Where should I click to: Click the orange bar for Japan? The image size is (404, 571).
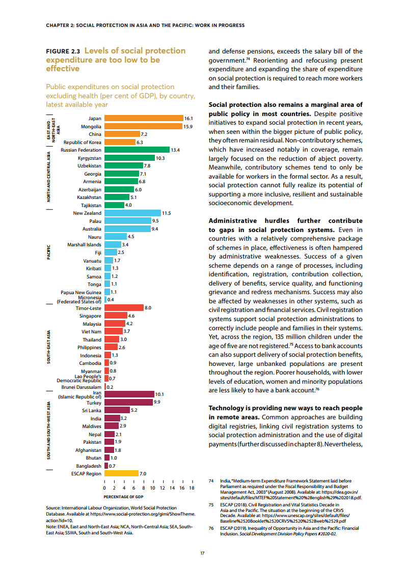[x=143, y=118]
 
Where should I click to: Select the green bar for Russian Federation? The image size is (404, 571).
[x=137, y=150]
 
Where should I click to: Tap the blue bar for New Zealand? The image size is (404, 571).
[x=132, y=213]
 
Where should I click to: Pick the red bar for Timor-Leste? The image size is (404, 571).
[x=123, y=308]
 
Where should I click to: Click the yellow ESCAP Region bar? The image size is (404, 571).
[x=121, y=474]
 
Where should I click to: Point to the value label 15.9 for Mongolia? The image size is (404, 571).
[x=188, y=126]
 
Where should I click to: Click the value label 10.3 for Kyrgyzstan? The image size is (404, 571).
[x=160, y=158]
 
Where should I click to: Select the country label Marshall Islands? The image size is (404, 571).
[x=84, y=245]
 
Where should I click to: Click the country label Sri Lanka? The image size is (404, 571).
[x=91, y=410]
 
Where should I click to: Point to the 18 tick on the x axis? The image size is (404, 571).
[x=192, y=488]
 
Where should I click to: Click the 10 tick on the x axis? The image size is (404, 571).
[x=153, y=488]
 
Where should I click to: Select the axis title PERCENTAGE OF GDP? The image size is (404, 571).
[x=123, y=497]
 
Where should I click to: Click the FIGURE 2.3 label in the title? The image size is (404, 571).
[x=63, y=51]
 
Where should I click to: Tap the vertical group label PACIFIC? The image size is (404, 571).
[x=49, y=253]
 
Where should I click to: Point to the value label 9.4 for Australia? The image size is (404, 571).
[x=155, y=229]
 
